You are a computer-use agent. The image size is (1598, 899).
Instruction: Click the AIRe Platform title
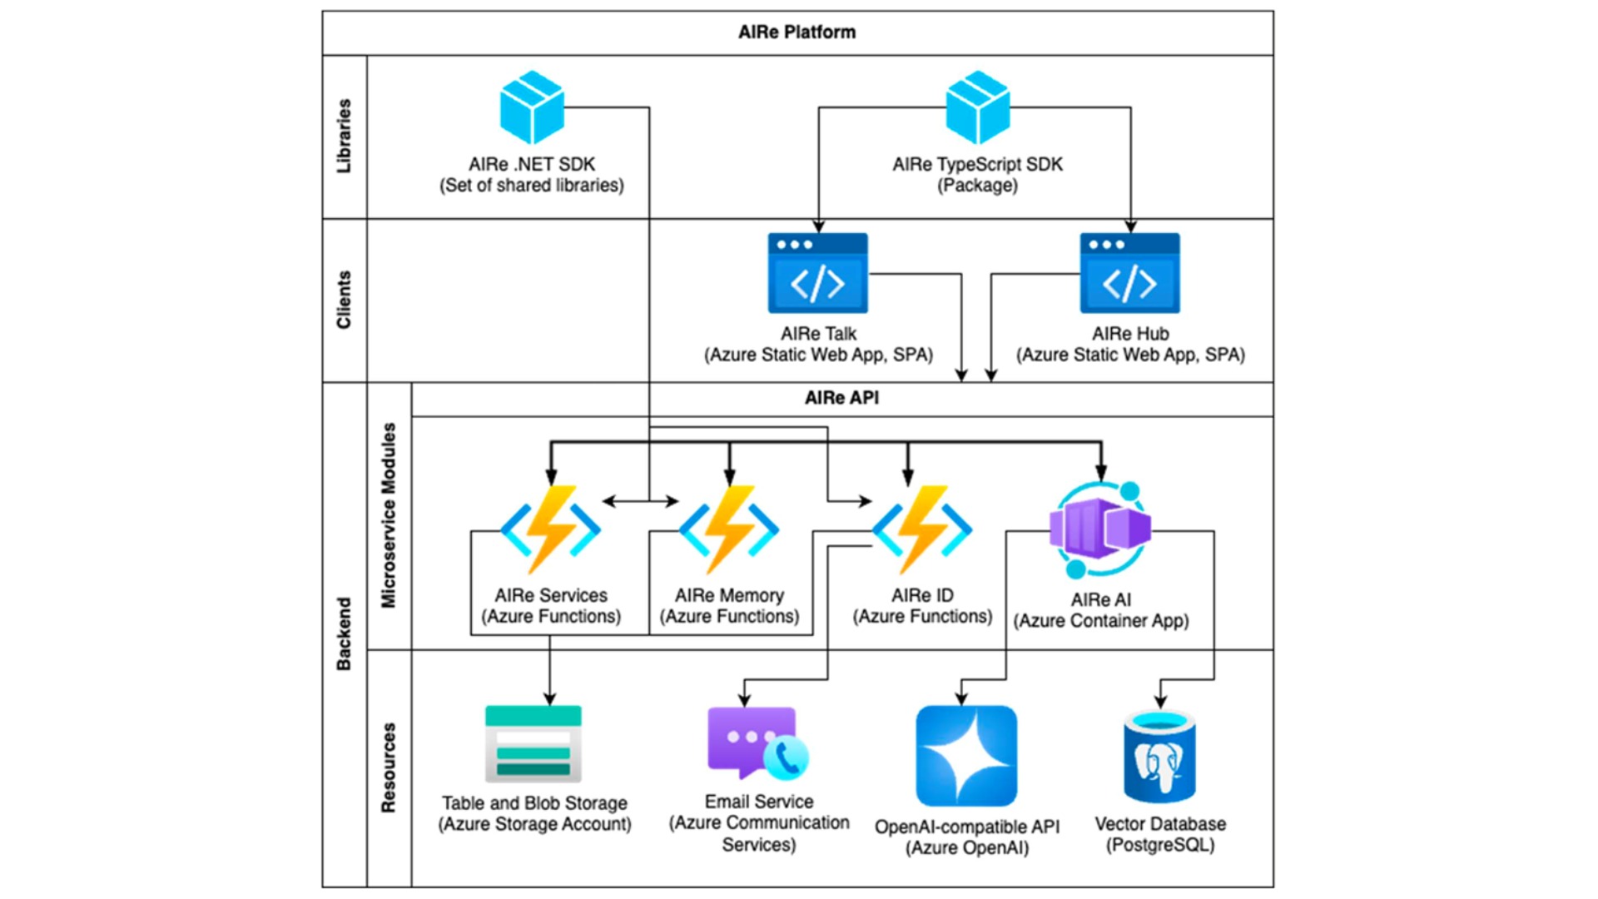point(797,32)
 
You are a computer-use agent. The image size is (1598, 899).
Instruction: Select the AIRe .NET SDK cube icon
point(532,107)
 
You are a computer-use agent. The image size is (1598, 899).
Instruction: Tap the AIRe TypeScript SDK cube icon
point(977,107)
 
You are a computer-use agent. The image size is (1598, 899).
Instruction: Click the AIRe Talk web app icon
point(817,273)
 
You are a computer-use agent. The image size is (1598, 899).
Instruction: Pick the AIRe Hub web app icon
point(1129,273)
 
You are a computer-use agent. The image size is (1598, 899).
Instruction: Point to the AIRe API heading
point(841,398)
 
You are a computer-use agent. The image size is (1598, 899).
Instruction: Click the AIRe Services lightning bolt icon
point(550,529)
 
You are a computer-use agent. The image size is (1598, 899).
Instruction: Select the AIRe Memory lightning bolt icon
point(729,529)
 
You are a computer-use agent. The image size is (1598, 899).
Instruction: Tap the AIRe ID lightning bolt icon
point(921,529)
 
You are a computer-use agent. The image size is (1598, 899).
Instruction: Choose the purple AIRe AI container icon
point(1100,529)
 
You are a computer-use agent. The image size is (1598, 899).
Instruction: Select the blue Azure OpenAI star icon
point(966,756)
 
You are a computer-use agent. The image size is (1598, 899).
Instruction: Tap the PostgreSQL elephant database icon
point(1159,756)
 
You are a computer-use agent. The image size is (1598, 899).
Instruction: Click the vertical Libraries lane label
point(344,136)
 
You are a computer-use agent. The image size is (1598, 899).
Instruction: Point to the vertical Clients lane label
point(344,300)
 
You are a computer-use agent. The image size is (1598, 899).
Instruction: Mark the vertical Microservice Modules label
point(389,515)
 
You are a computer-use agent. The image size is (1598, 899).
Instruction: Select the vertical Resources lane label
point(389,767)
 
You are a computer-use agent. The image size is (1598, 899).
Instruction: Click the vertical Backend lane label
point(344,633)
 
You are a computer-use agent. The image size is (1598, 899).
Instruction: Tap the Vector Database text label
point(1160,824)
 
